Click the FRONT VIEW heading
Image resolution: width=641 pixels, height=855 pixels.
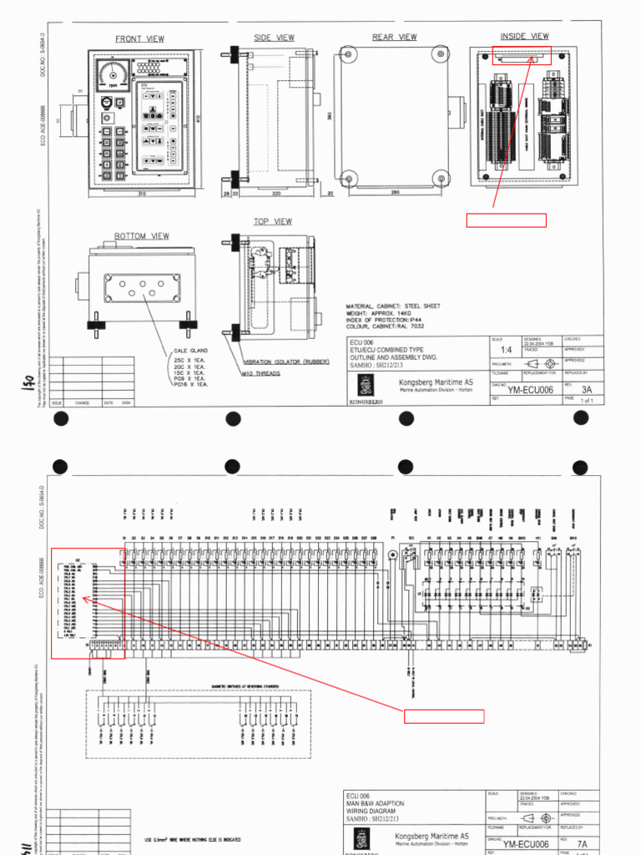pos(139,39)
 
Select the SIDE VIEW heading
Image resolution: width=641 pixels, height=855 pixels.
pos(274,38)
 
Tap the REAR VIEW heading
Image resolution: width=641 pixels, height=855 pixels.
pos(394,38)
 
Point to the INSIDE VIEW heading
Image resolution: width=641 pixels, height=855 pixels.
pos(524,37)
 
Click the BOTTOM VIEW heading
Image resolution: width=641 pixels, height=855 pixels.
pos(141,236)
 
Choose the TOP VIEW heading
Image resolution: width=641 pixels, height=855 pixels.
pos(273,221)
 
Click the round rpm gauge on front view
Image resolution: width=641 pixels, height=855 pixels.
pos(113,74)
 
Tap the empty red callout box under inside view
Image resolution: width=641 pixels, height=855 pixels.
pos(506,220)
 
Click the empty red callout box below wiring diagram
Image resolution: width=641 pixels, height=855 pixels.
pos(444,716)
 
